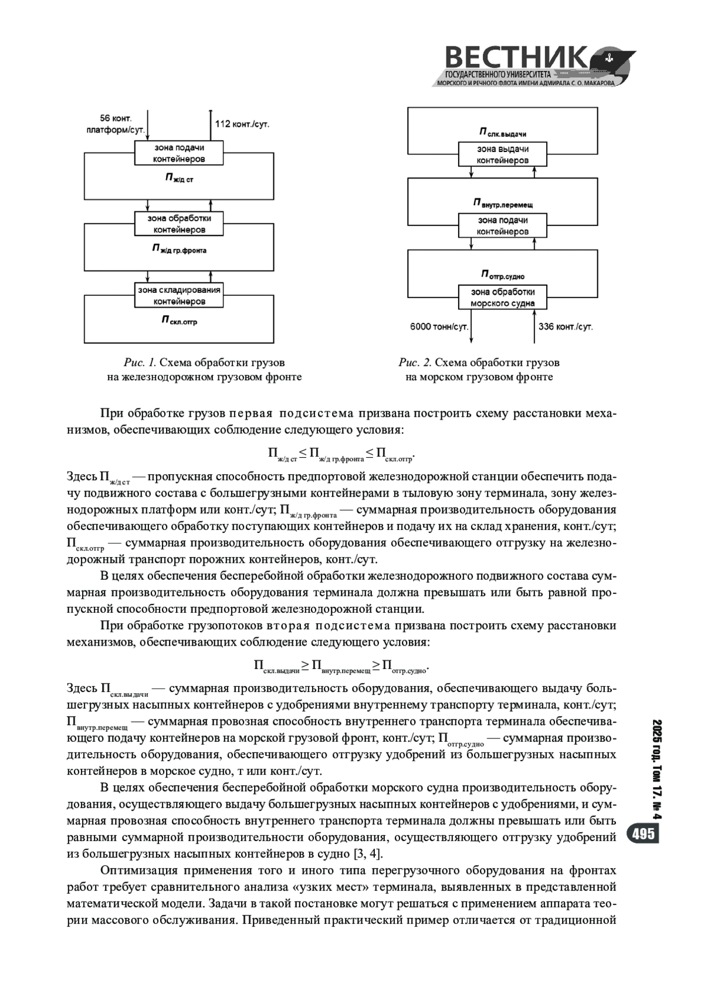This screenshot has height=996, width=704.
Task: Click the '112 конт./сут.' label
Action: coord(242,124)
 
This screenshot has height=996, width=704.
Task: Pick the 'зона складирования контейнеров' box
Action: coord(179,295)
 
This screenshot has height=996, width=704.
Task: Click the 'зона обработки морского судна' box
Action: coord(502,298)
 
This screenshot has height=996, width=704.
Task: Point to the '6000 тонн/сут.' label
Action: coord(438,326)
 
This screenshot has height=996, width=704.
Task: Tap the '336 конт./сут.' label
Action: coord(566,326)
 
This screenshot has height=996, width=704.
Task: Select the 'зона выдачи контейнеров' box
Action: coord(502,155)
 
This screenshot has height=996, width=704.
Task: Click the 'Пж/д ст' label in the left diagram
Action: coord(179,177)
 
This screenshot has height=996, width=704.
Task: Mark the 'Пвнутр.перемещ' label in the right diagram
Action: coord(502,203)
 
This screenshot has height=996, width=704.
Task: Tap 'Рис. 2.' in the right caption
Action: coord(415,363)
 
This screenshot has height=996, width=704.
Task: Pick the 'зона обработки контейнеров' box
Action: coord(179,224)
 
